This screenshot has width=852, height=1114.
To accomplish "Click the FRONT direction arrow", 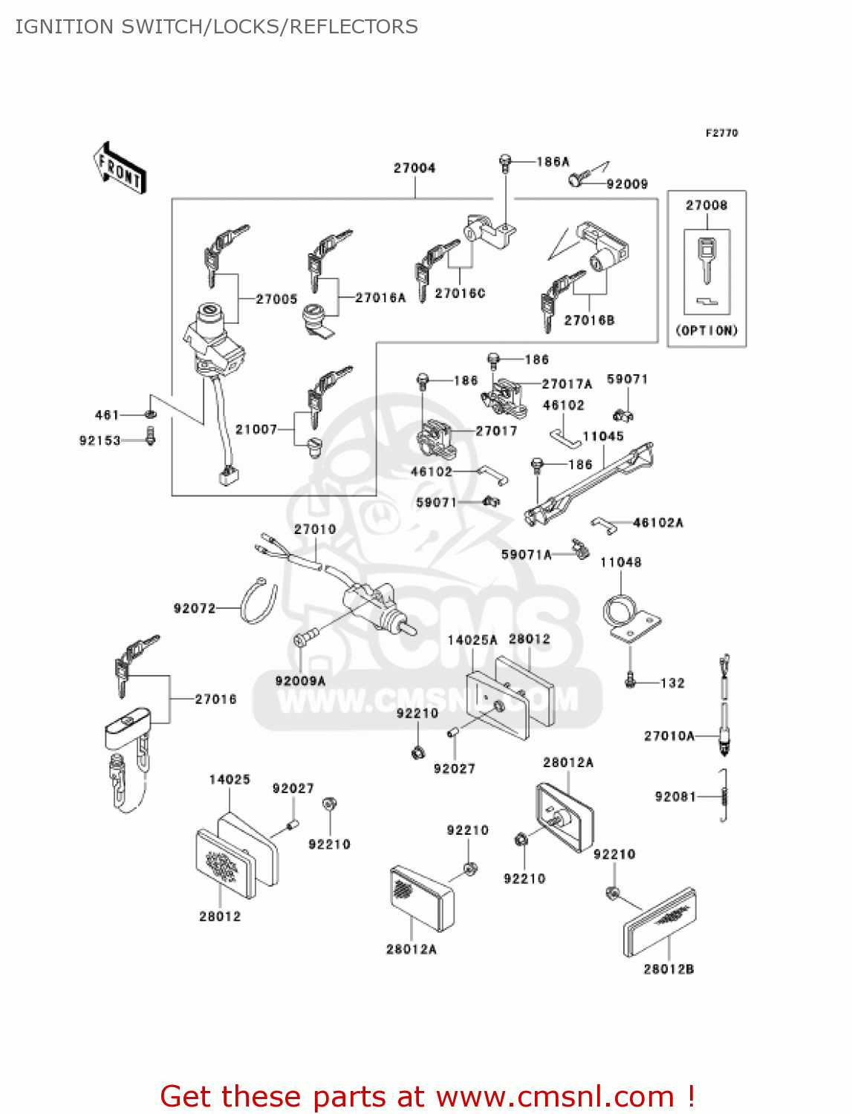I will tap(120, 169).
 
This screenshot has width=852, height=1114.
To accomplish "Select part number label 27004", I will tap(414, 169).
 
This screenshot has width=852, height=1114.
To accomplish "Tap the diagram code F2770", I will tap(721, 133).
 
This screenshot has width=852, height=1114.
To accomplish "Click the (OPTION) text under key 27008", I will tap(706, 330).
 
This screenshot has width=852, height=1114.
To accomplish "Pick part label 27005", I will tap(276, 299).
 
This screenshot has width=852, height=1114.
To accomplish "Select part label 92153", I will tap(100, 441).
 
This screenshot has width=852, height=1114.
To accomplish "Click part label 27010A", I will tap(669, 736).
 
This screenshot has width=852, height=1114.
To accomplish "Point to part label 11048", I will tap(620, 563).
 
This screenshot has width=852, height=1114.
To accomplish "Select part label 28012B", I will tap(669, 969).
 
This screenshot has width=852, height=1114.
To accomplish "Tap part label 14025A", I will tap(472, 640).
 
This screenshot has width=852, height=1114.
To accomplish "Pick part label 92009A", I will tap(300, 681).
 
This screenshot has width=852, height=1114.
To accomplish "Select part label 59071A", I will tap(526, 555).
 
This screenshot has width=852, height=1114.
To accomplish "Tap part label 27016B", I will tap(589, 321).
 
